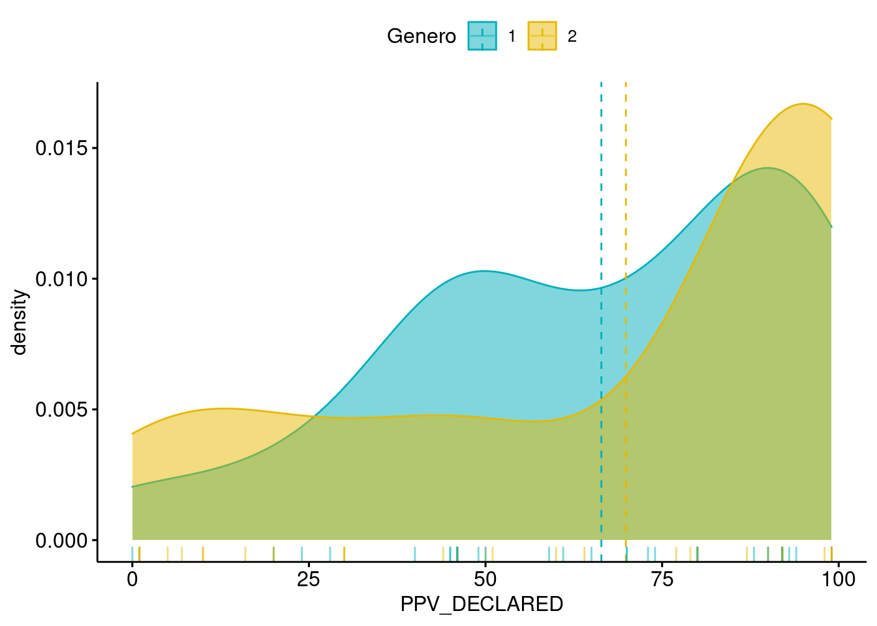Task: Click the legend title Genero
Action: point(421,37)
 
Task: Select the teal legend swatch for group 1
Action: point(482,36)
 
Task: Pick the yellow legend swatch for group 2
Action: point(542,36)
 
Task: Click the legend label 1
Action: point(512,37)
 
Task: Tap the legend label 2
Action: point(572,37)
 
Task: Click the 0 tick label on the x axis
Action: point(132,579)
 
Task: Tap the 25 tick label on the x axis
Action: point(309,579)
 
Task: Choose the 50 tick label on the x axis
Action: point(485,579)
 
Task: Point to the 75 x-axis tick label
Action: point(662,579)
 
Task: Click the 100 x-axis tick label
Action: point(838,579)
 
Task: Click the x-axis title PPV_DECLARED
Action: point(482,604)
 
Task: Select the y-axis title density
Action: point(20,322)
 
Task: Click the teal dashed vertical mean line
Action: point(601,196)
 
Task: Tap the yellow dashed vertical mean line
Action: point(626,196)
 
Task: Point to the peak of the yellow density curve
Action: point(803,104)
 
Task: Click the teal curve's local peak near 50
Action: point(484,271)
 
